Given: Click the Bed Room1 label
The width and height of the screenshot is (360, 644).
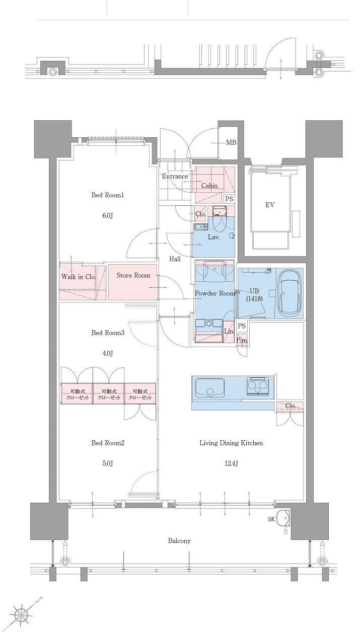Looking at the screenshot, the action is coord(108,195).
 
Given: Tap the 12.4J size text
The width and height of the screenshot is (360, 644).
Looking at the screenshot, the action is coord(231,463).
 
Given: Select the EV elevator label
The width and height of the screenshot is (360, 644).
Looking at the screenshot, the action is coord(270,205).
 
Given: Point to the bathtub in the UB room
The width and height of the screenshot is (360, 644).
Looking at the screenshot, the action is coord(290,293).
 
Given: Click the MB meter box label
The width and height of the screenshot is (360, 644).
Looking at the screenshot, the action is coord(231,142).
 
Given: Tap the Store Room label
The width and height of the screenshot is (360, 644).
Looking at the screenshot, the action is coord(133,275).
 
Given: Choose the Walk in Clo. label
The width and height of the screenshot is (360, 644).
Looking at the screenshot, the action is coord(78,277).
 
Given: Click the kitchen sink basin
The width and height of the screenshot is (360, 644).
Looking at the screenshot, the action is coord(210,387).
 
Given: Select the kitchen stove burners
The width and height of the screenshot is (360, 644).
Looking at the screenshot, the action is coord(258,385).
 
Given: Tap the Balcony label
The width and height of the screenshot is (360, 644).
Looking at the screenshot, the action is coord(179,541).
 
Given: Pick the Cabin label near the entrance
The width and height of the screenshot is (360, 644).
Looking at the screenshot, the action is coord(209,186).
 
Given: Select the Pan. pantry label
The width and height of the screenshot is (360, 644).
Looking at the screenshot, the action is coord(242,341).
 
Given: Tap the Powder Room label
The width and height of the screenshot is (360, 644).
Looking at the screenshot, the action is coord(215,293).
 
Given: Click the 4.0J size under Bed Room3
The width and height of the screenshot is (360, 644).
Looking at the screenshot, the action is coord(107,353).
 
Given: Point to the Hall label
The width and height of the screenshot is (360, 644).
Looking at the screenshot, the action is coord(175,259).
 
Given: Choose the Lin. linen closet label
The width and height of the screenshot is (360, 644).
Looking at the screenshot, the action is coord(229,332).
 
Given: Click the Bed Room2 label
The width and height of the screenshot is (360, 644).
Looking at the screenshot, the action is coord(108,443).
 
